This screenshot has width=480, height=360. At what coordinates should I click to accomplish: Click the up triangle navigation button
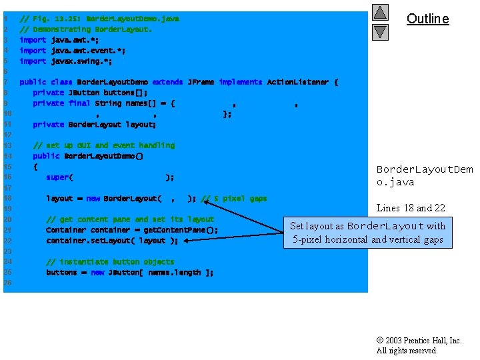pos(380,13)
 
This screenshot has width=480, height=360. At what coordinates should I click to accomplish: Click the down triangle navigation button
pos(380,31)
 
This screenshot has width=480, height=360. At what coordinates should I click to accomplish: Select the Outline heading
pos(427,19)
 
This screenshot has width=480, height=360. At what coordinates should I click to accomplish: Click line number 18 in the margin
pos(6,199)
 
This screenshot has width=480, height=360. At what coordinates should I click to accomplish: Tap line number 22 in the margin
pos(6,241)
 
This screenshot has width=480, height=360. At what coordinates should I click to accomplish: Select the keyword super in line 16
pos(57,177)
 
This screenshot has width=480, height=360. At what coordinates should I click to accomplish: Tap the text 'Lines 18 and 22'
pos(411,208)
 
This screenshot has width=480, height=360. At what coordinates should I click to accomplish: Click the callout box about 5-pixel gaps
pos(367,233)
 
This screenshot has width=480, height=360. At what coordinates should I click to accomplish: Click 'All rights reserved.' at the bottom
pos(407,351)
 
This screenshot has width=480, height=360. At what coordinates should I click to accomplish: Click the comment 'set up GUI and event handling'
pos(103,145)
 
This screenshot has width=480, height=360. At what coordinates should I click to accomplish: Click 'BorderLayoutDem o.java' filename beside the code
pos(424,176)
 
